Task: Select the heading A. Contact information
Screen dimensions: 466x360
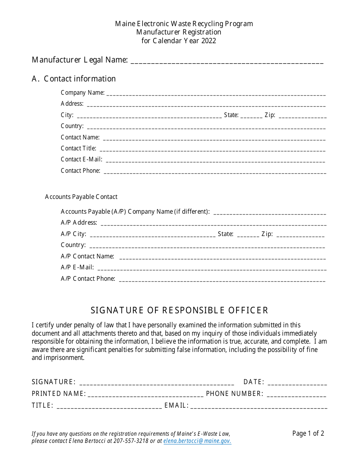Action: coord(74,79)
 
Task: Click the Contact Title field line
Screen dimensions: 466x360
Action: coord(212,149)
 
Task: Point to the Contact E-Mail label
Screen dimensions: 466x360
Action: coord(81,160)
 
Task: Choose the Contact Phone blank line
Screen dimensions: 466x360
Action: coord(214,171)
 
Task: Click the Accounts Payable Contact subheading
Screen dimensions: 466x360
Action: coord(81,197)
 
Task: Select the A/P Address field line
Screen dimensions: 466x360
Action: coord(213,223)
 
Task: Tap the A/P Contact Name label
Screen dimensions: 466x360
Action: coord(88,256)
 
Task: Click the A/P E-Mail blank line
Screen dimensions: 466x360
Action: coord(212,268)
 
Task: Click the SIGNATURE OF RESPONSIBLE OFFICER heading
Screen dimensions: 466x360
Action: coord(180,311)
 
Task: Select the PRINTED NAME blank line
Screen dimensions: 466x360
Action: coord(146,394)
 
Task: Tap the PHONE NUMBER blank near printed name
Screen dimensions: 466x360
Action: coord(297,394)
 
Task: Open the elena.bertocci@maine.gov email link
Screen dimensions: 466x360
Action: coord(197,441)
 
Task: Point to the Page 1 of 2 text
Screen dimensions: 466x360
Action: coord(308,433)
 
